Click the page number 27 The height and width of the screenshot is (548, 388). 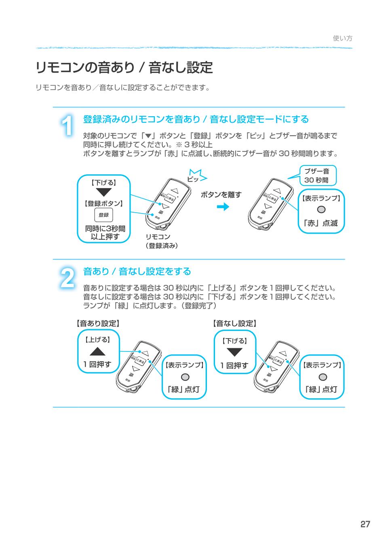(365, 525)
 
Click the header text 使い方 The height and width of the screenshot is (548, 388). (342, 38)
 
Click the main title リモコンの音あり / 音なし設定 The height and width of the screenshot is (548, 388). (124, 67)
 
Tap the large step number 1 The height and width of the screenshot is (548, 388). (68, 125)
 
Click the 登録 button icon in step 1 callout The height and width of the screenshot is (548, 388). (103, 215)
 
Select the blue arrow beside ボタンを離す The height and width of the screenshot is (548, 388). (223, 207)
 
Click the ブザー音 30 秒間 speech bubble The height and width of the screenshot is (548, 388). (317, 176)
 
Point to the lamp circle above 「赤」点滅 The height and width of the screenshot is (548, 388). (321, 209)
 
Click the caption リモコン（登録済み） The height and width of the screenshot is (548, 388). (161, 241)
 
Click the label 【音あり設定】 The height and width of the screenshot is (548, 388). (97, 323)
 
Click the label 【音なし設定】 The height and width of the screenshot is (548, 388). (235, 323)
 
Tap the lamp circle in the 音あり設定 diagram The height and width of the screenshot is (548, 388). (184, 377)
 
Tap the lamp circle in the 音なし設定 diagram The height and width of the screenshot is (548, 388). (322, 377)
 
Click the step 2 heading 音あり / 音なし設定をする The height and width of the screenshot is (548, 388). (137, 272)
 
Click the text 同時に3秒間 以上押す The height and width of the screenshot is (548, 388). (105, 232)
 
